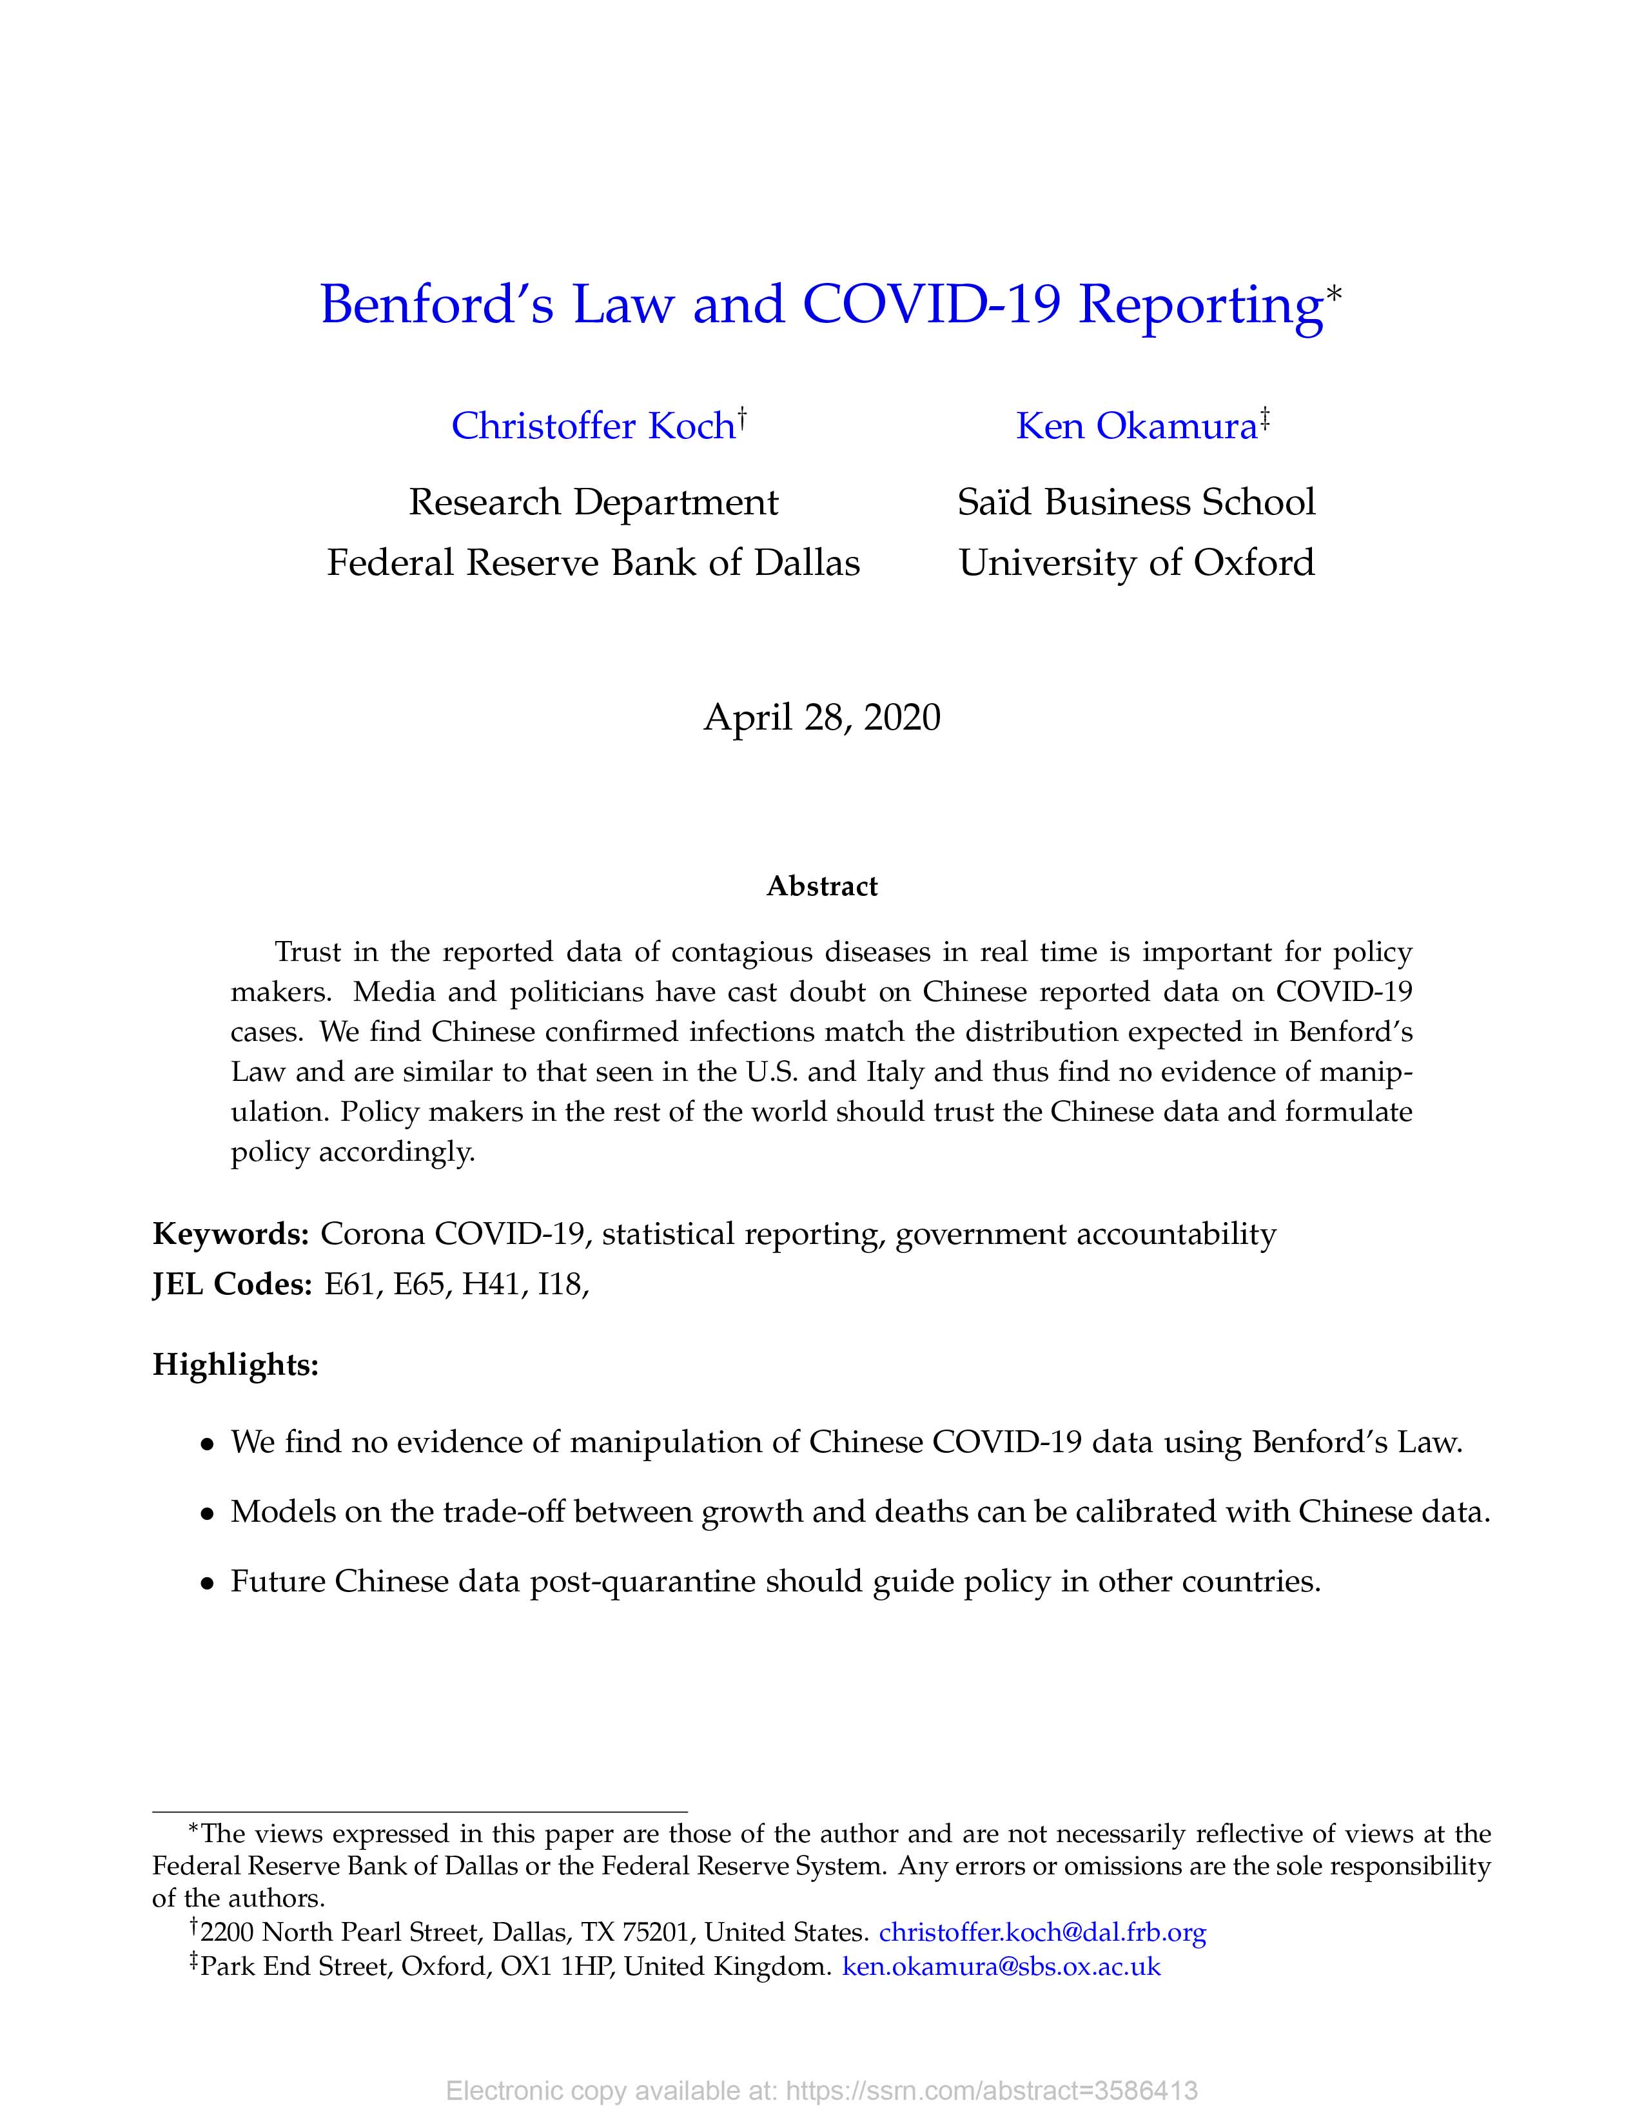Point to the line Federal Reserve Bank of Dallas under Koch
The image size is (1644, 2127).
pos(593,563)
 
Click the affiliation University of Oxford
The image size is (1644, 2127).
pos(1137,563)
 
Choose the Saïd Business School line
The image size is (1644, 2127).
pos(1137,503)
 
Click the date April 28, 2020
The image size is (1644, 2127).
pos(822,718)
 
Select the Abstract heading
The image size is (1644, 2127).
pos(822,886)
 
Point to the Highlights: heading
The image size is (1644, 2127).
pos(236,1365)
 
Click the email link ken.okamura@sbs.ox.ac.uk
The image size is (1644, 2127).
pos(1001,1967)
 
